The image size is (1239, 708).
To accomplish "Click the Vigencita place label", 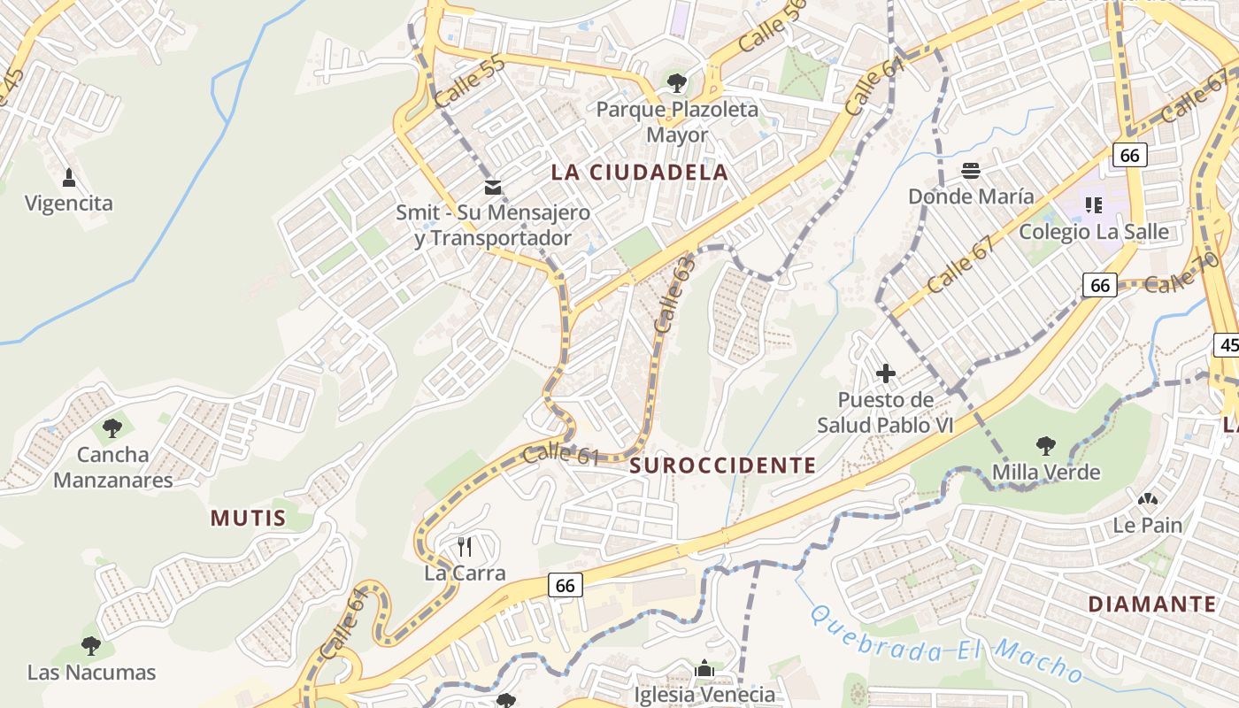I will (x=69, y=204).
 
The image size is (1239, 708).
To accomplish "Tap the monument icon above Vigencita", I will (x=69, y=178).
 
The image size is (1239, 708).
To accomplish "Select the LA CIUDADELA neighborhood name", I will (x=640, y=173).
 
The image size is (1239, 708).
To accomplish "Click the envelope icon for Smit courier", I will (x=493, y=188).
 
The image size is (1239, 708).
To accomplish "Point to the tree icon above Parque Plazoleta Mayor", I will (x=677, y=84).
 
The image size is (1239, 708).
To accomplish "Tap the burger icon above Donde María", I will (x=971, y=171).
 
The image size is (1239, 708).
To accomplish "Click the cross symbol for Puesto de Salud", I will (x=885, y=373).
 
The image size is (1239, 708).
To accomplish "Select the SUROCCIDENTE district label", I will (x=723, y=466).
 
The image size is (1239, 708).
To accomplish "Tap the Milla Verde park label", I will (x=1046, y=472).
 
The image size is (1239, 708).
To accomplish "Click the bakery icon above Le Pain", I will (x=1148, y=500).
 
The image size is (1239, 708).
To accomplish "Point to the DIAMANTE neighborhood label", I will (x=1151, y=604).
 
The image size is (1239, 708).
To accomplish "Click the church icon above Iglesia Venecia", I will (x=704, y=669).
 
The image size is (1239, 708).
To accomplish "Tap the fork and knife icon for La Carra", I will (x=465, y=547).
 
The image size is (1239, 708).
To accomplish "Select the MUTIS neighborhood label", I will (x=248, y=519).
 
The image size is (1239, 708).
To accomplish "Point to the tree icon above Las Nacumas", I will (x=91, y=646).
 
